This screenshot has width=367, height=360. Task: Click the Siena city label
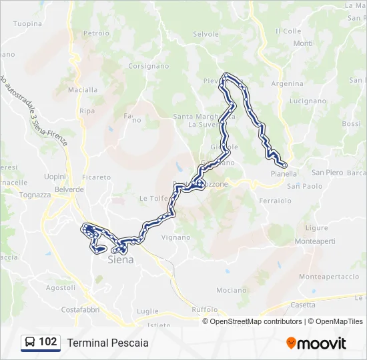coord(121,260)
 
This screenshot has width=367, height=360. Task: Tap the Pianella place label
coord(284,173)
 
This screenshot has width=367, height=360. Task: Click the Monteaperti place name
coord(316,241)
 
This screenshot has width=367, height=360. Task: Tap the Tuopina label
coord(27,23)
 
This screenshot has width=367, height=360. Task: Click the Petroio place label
coord(96,32)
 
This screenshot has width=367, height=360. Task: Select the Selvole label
coord(206,34)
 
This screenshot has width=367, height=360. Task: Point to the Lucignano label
coord(307,101)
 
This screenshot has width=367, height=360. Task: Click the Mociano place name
coord(232,291)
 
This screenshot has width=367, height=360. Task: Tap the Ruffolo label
coord(205,309)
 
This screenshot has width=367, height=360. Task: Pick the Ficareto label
coord(97,177)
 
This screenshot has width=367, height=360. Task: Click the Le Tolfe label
coord(152,198)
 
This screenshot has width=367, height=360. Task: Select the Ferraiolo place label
coord(274,201)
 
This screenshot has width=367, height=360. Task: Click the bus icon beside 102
coord(30,343)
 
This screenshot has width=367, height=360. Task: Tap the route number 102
coord(48,342)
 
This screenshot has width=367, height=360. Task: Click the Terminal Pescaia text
coord(107,343)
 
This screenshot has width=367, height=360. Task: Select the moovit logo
coord(316,343)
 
